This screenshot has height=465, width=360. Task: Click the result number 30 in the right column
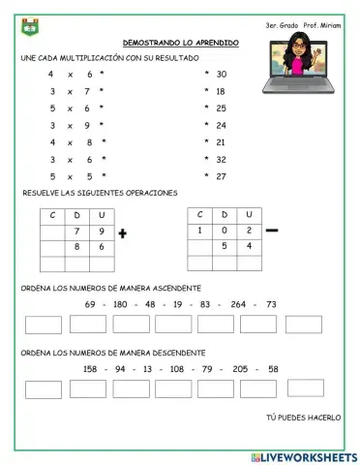[222, 74]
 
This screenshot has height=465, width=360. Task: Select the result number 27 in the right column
[222, 177]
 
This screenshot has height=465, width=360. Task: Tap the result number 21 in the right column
[222, 142]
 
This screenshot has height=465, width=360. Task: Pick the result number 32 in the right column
[222, 160]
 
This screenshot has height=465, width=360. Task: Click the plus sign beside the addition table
[123, 233]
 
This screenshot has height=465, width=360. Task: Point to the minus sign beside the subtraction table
[272, 230]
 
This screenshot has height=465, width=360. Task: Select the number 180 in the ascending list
[119, 304]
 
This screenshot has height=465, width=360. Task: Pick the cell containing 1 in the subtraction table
[199, 231]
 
